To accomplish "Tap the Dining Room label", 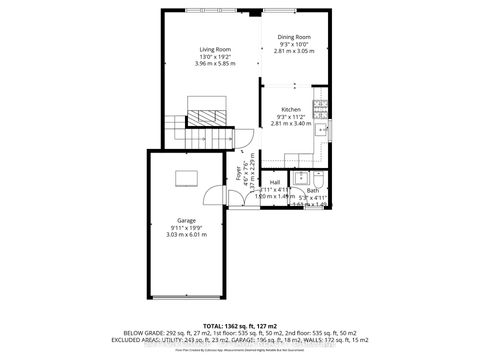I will (294, 36).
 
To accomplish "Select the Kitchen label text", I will (290, 109).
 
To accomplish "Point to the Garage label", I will (187, 219).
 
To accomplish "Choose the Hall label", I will (274, 182).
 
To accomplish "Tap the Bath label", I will (312, 190).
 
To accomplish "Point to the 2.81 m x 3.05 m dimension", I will (294, 50).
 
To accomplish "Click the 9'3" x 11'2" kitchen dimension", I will (290, 116).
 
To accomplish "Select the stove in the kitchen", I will (320, 108).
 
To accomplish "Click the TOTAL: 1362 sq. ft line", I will (239, 326).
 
